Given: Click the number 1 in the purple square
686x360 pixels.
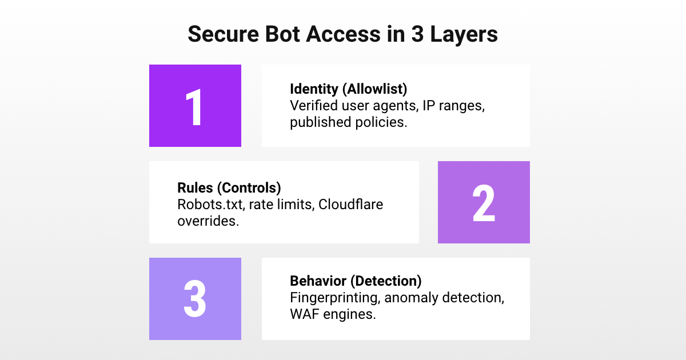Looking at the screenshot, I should (195, 107).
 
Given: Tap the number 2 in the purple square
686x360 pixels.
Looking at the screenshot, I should (484, 203).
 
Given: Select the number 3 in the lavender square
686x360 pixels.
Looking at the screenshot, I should (195, 299).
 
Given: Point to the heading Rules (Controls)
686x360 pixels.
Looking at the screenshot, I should (229, 188).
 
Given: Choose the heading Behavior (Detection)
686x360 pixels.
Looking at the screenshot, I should (356, 281).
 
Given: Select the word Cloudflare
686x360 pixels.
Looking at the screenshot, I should (350, 204).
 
